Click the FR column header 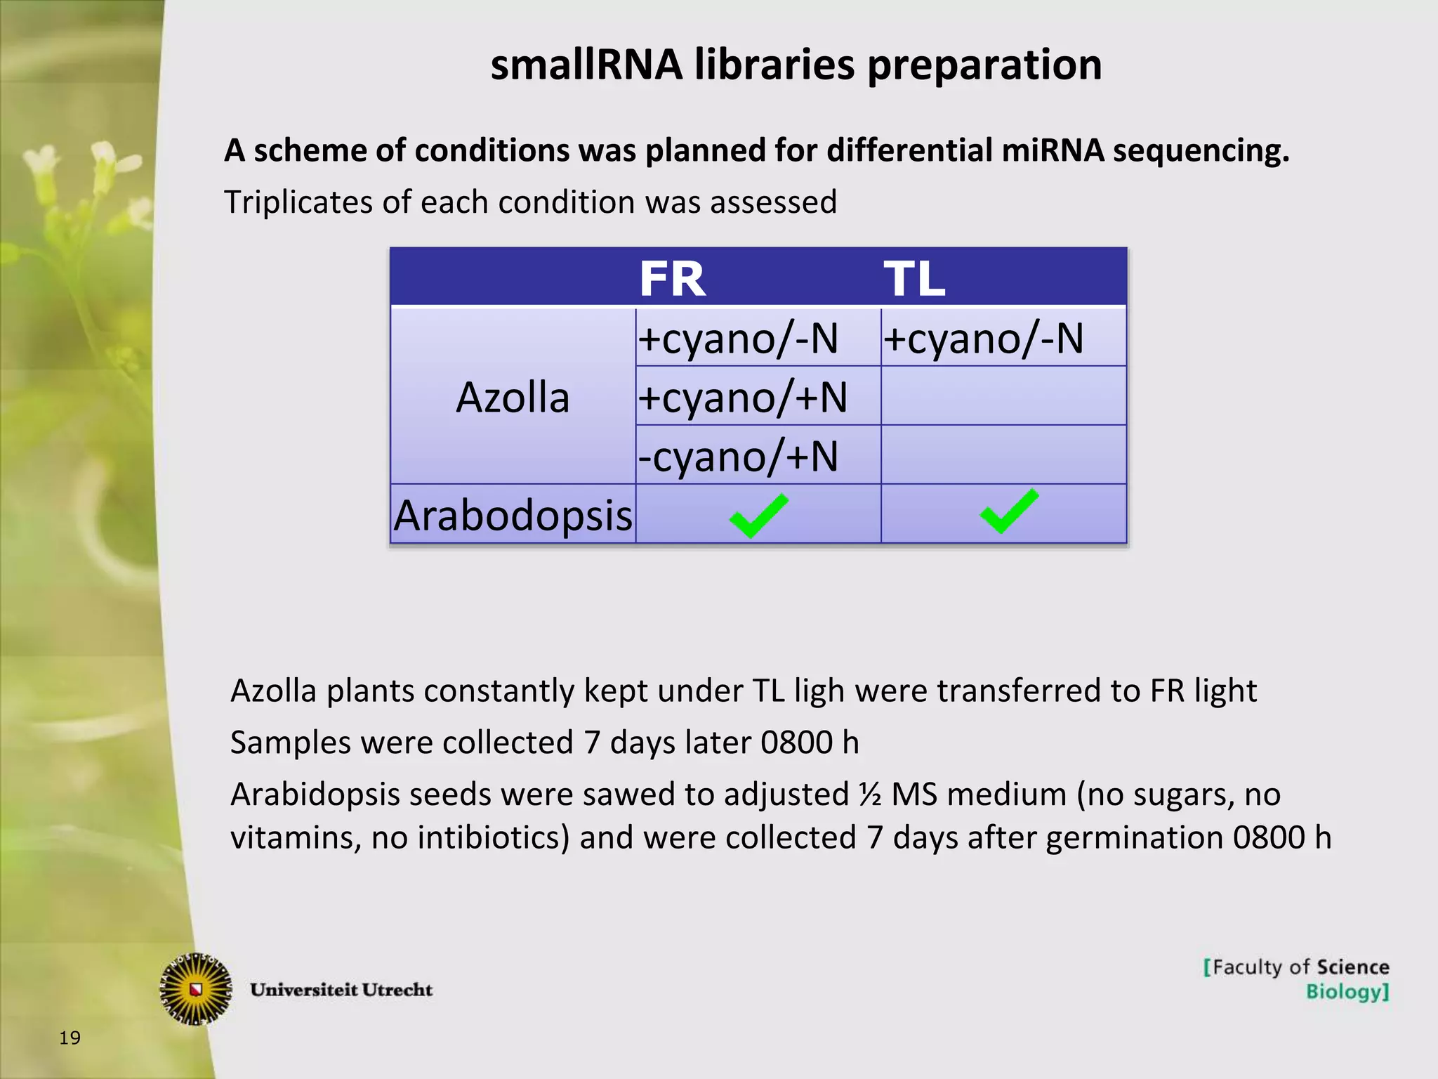click(672, 279)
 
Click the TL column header click(914, 279)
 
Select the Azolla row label click(513, 398)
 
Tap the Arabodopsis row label click(513, 515)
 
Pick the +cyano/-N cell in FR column click(738, 338)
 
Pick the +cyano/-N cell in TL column click(983, 338)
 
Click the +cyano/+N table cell click(742, 397)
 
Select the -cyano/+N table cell click(738, 456)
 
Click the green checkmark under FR click(758, 515)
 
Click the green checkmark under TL click(1009, 511)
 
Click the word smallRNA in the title click(586, 65)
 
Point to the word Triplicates click(298, 202)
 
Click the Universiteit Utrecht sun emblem click(197, 989)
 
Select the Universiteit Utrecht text click(341, 990)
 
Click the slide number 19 click(70, 1038)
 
